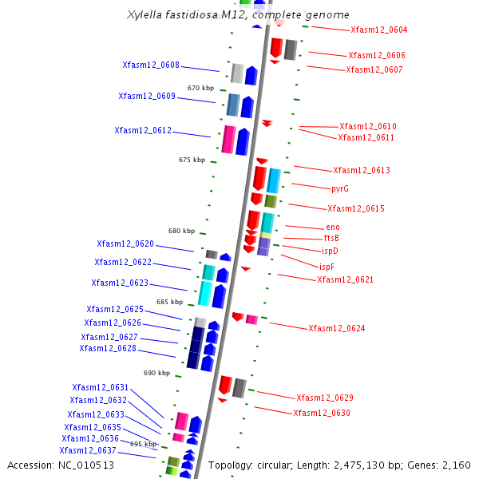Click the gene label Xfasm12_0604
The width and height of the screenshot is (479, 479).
point(378,30)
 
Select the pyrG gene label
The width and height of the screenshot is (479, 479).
point(340,189)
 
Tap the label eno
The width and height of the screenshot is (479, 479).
point(333,228)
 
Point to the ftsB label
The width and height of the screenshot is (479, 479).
point(331,239)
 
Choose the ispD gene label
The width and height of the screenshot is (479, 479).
point(330,251)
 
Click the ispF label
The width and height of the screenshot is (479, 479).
point(327,267)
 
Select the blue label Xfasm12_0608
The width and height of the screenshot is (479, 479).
point(151,65)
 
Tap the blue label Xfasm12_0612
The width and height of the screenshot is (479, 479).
point(143,130)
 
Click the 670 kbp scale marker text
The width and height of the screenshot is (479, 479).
point(200,88)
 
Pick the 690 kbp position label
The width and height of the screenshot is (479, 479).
point(156,373)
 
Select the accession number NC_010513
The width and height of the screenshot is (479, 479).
point(86,465)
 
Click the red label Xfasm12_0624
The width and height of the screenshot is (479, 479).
point(336,329)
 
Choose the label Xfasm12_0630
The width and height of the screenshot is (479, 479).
point(321,414)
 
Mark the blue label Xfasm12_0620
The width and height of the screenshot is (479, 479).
point(125,244)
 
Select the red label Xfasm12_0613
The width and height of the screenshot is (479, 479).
point(362,171)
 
